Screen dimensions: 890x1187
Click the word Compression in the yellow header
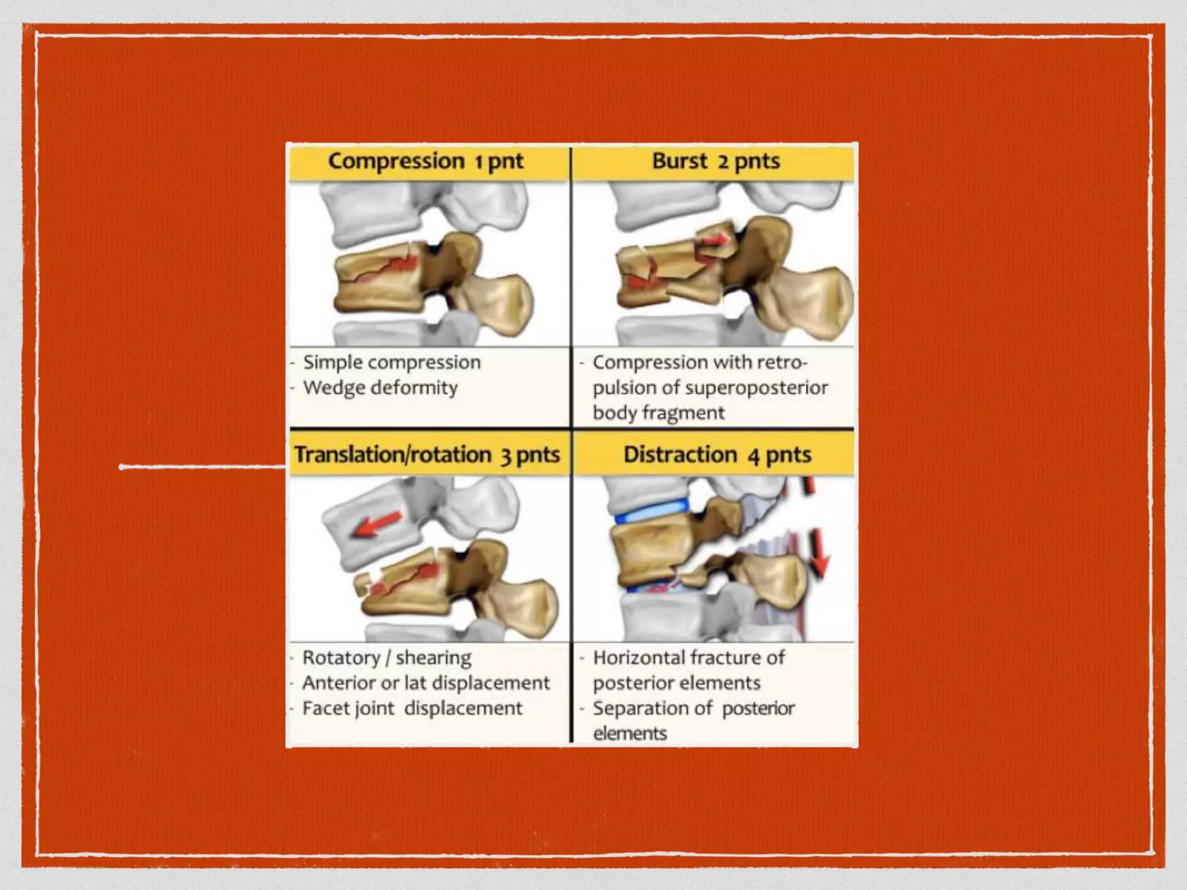[x=396, y=161]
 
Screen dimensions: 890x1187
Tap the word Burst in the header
[x=679, y=161]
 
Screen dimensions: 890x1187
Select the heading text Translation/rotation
[x=392, y=455]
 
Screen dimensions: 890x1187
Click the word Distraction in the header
[x=680, y=455]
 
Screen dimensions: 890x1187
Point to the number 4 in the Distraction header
[x=753, y=456]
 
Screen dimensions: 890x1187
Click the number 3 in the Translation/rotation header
[x=506, y=456]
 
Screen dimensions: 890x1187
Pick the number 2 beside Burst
[x=723, y=162]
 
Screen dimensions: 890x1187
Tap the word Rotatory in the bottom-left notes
[x=341, y=658]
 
